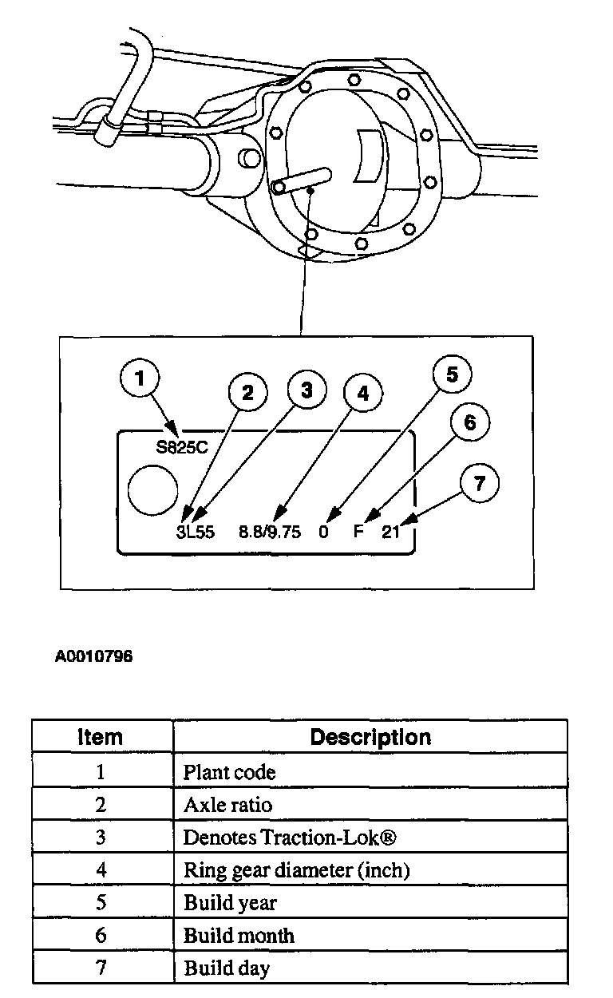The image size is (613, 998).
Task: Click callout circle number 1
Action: [140, 379]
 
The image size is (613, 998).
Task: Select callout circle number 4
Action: [363, 393]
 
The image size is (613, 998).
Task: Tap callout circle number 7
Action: [478, 483]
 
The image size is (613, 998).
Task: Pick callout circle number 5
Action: [452, 374]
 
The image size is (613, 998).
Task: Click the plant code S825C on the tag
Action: [182, 447]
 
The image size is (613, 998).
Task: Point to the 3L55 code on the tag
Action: [196, 533]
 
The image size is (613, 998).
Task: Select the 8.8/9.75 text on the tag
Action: [271, 533]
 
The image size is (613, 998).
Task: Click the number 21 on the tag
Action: [390, 533]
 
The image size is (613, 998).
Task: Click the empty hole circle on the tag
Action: [152, 489]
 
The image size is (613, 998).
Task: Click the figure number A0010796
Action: [93, 657]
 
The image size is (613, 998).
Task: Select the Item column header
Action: [101, 736]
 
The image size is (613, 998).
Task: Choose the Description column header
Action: [370, 736]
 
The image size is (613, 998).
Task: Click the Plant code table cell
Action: [230, 772]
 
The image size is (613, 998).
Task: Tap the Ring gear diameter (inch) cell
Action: [297, 870]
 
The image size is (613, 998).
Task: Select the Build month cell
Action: [239, 936]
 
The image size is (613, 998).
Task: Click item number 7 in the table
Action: [101, 968]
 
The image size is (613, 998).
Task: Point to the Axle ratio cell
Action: [228, 805]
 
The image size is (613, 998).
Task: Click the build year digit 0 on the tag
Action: [323, 533]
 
